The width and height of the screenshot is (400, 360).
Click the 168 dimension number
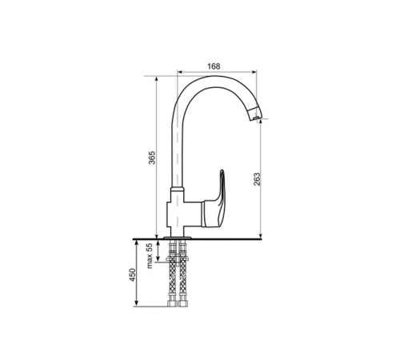(214, 66)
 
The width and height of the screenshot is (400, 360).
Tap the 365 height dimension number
(151, 158)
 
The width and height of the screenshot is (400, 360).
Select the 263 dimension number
(256, 179)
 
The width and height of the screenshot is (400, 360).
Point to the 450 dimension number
(133, 275)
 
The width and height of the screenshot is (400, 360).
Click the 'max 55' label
(150, 256)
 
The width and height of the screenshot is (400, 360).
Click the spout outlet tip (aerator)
(254, 114)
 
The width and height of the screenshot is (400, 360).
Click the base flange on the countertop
(178, 237)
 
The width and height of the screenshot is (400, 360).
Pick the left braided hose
(173, 280)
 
